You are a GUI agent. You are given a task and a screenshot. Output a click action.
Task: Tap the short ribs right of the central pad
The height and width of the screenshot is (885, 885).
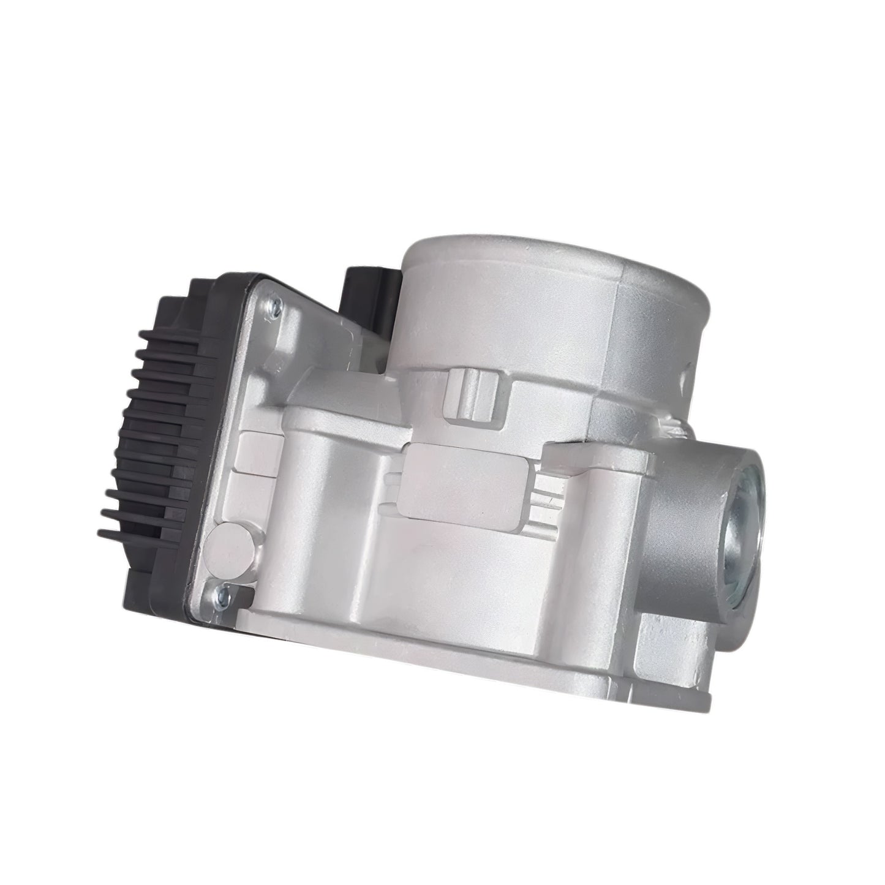tap(542, 490)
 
